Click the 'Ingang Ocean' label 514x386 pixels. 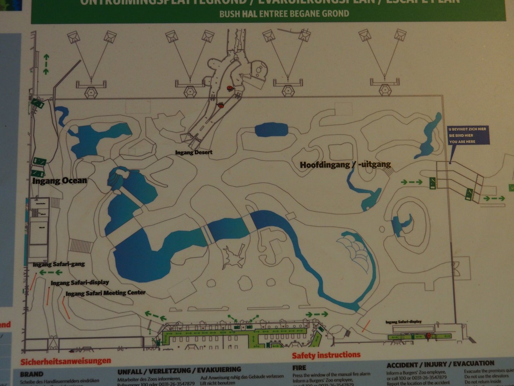coord(60,180)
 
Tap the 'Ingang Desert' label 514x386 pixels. coord(194,152)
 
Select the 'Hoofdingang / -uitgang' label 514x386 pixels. coord(345,165)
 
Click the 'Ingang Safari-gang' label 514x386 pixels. coord(59,264)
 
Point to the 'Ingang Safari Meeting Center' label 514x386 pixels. coord(106,293)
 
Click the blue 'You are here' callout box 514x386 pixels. coord(467,135)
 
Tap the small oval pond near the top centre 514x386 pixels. coord(271,130)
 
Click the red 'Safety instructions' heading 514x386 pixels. coord(326,355)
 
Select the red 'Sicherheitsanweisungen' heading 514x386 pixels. coord(66,361)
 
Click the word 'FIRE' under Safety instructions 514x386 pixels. coord(299,367)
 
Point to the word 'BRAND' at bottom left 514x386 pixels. coord(31,374)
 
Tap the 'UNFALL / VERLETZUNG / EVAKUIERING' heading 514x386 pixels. coord(179,371)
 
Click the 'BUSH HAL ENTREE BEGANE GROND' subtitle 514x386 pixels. coord(284,14)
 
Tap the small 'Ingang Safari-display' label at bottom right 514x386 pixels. coord(403,322)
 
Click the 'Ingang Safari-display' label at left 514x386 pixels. coord(80,283)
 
